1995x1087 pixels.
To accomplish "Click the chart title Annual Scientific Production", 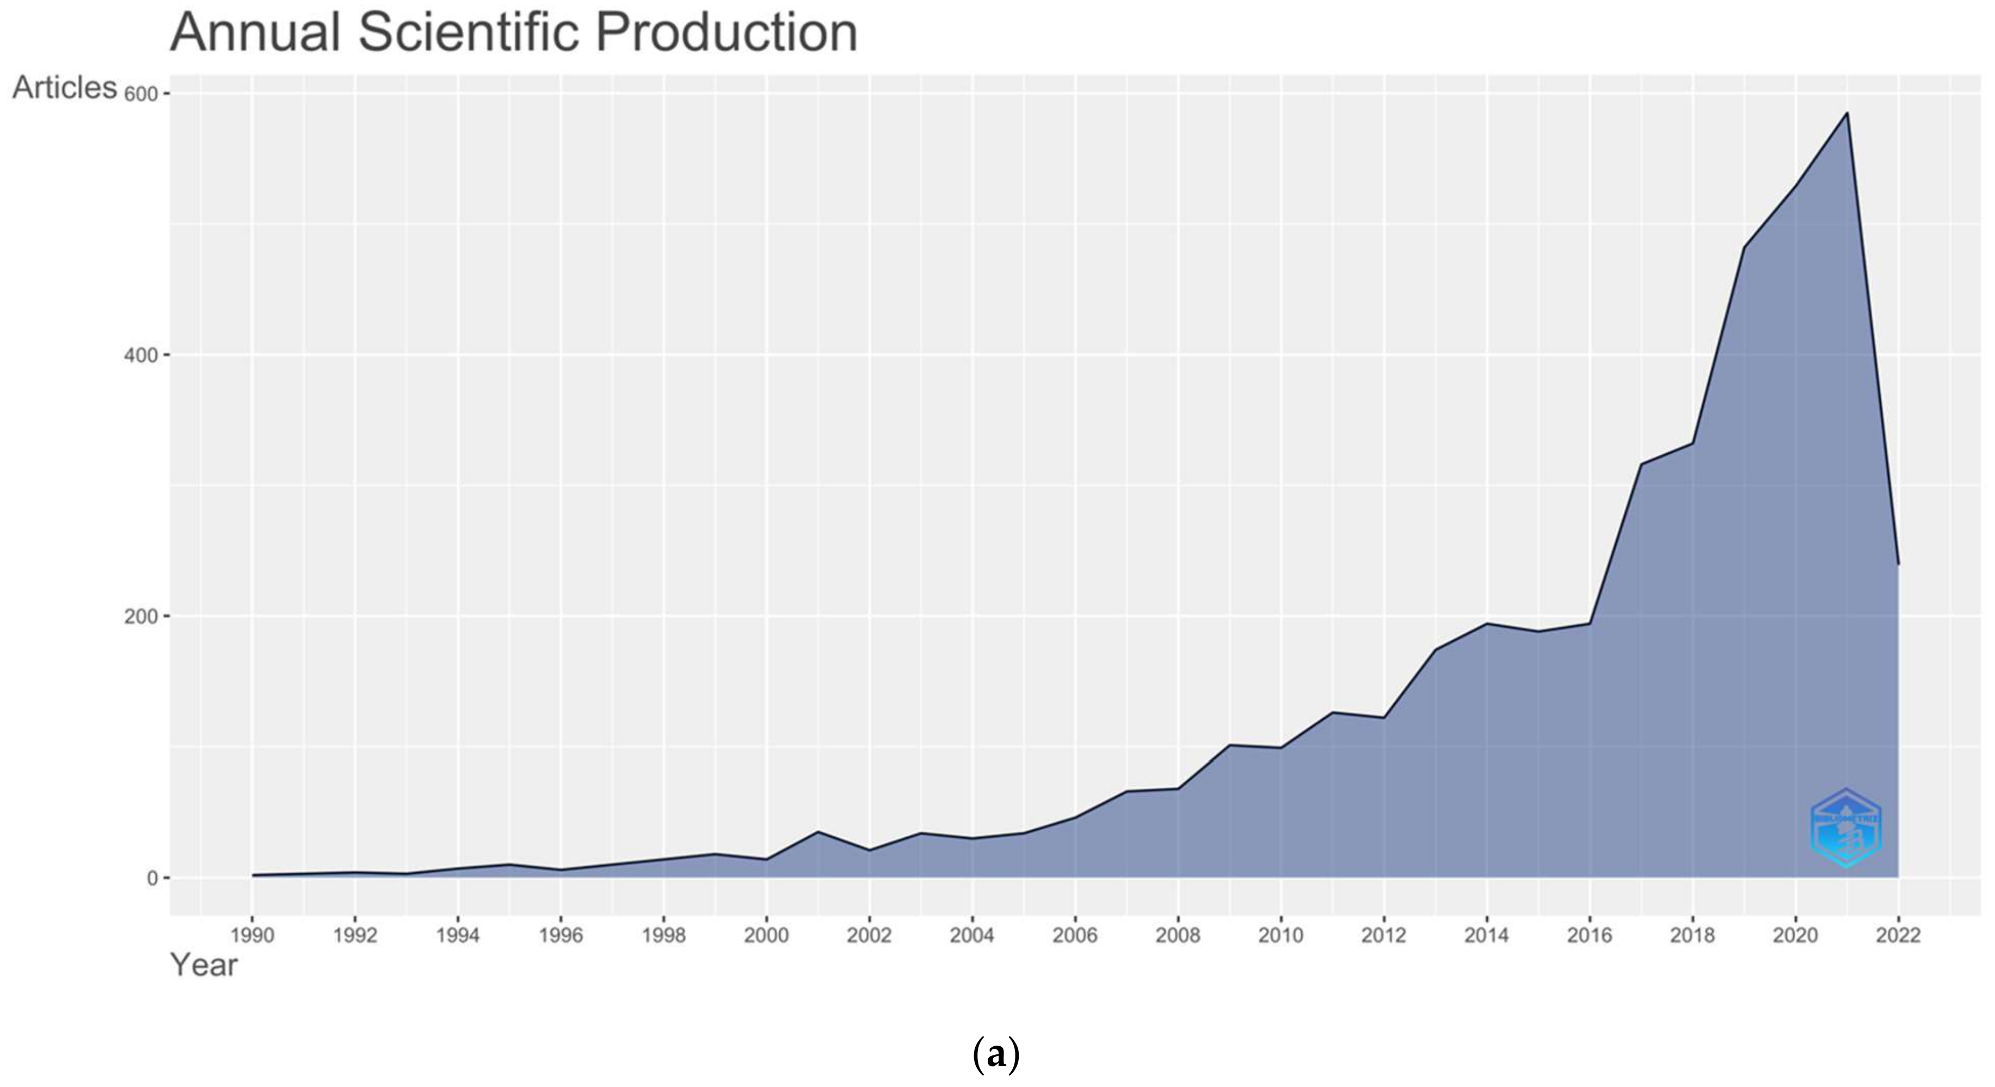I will pos(514,33).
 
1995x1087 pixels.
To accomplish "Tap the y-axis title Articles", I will pos(64,88).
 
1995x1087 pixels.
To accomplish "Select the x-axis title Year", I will pos(204,966).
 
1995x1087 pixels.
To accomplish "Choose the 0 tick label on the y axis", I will pos(152,878).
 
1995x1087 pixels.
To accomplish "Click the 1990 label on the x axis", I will pos(253,936).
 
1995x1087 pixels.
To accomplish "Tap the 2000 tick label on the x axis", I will pos(766,936).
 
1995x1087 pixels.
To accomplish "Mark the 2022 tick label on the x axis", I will pos(1898,936).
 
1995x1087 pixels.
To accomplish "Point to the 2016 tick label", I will pos(1589,936).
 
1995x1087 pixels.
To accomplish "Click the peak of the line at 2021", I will pos(1847,113).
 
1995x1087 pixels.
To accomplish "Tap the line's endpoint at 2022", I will pos(1898,564).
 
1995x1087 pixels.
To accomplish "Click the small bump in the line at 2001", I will pos(818,831).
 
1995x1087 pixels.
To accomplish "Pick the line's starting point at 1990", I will pos(253,875).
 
